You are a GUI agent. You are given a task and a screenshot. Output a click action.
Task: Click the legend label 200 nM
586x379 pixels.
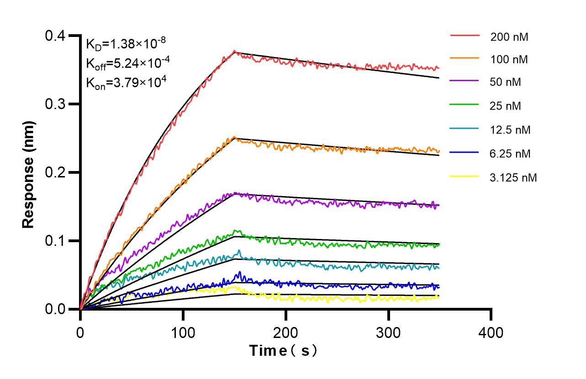[509, 37]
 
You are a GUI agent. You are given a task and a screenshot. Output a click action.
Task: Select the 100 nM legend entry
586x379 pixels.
[509, 59]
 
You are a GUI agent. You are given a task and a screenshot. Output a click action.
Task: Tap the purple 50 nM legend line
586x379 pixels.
[465, 82]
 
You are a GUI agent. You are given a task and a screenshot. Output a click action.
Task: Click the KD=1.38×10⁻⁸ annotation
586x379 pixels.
[126, 44]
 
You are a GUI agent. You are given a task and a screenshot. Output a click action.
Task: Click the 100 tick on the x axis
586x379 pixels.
[183, 332]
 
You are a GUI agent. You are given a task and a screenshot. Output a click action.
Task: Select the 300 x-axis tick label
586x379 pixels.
[388, 332]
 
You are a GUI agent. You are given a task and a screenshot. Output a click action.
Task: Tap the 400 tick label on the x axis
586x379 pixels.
[491, 332]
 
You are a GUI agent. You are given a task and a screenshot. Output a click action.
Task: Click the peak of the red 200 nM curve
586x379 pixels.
[234, 51]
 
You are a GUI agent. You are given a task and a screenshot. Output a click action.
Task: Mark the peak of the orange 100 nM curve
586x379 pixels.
[234, 137]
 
